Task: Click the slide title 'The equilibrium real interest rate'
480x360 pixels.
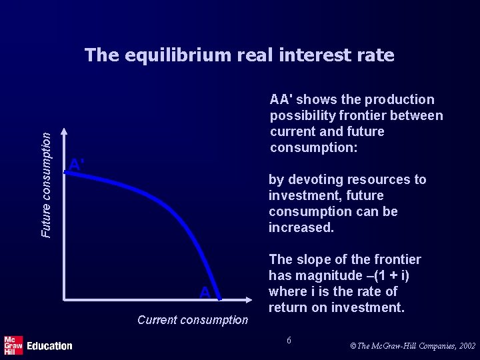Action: click(239, 55)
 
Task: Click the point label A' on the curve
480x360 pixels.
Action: click(77, 165)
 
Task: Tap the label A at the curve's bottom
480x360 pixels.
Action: click(205, 293)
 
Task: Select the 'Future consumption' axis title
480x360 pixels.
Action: click(45, 184)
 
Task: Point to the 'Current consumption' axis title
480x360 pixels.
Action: click(192, 320)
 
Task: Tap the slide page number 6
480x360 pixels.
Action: click(289, 341)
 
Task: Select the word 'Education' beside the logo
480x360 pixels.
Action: click(49, 346)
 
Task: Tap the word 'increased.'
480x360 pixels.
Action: click(301, 228)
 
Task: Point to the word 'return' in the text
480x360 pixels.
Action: click(289, 308)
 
